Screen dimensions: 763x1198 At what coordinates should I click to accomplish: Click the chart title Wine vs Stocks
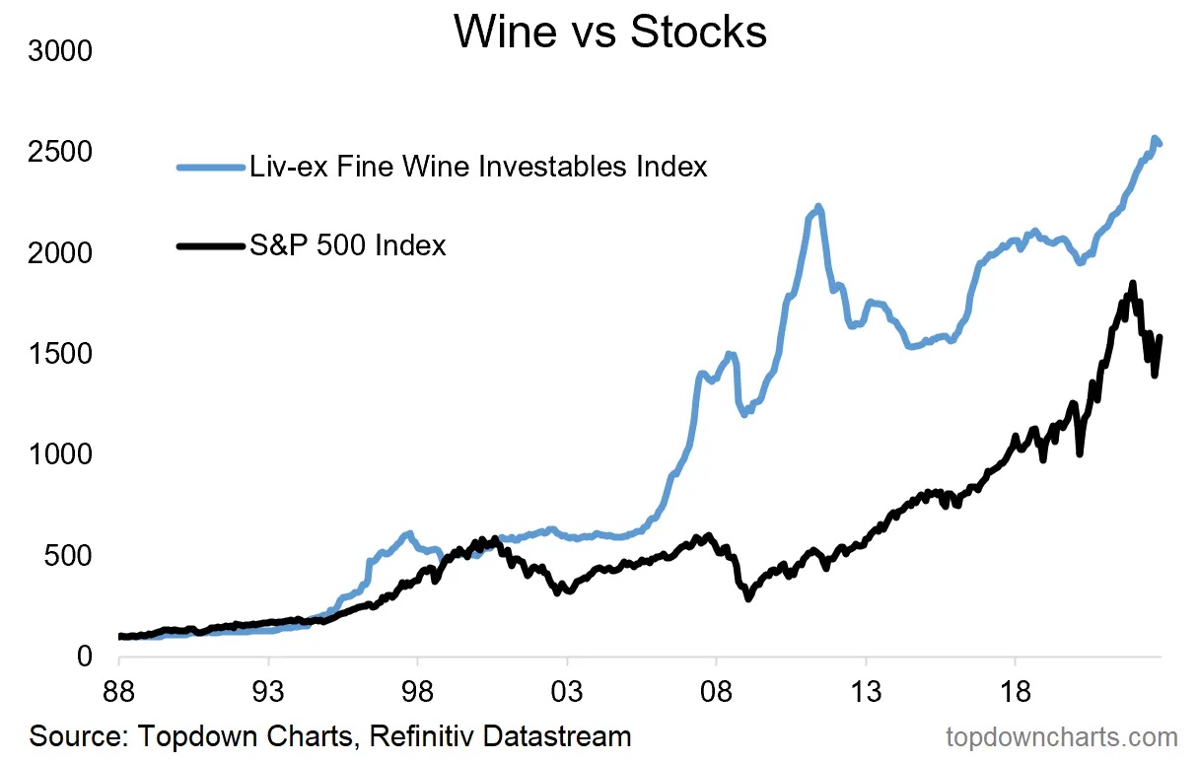click(x=610, y=33)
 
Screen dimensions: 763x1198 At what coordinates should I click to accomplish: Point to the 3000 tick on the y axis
click(x=60, y=50)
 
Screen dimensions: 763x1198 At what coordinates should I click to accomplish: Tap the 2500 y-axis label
click(x=60, y=152)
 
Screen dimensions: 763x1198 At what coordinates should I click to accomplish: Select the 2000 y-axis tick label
click(x=60, y=253)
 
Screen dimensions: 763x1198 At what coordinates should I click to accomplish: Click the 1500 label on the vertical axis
click(x=60, y=354)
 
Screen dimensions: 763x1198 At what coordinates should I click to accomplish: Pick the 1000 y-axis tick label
click(x=60, y=454)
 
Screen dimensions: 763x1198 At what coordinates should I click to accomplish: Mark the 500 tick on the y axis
click(x=69, y=556)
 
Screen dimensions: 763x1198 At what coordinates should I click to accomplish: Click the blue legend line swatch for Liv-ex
click(x=210, y=168)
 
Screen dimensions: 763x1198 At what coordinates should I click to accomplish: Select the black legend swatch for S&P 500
click(x=210, y=245)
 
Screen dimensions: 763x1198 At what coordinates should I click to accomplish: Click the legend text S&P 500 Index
click(x=348, y=244)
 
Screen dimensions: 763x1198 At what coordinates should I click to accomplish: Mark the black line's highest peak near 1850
click(x=1133, y=284)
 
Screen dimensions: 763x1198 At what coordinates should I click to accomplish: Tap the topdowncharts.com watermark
click(x=1061, y=737)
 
